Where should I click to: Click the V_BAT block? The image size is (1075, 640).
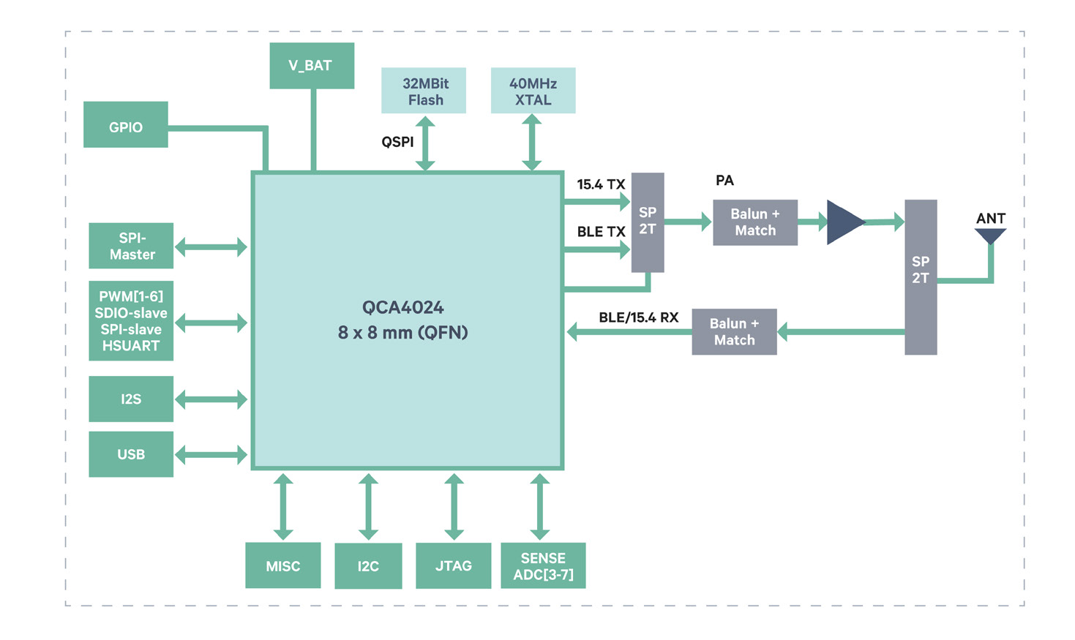[x=312, y=66]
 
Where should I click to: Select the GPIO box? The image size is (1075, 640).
[x=126, y=125]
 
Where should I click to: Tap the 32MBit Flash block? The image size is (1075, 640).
[x=424, y=91]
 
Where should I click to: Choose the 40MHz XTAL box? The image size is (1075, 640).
[x=533, y=91]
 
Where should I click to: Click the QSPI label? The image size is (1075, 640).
[x=397, y=142]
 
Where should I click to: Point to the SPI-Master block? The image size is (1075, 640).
[x=131, y=246]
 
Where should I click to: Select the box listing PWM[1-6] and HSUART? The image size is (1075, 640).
[x=131, y=321]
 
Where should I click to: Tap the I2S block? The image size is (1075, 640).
[x=131, y=399]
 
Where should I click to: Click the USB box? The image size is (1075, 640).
[x=131, y=454]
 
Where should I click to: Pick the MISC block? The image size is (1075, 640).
[x=282, y=565]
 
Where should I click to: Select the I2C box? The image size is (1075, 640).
[x=368, y=565]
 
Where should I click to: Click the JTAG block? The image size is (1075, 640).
[x=453, y=565]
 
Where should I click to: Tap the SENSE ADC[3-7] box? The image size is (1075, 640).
[x=543, y=565]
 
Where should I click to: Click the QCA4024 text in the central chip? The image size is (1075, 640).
[x=402, y=307]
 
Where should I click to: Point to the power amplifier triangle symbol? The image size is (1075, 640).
[x=844, y=222]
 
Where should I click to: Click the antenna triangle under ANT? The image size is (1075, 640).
[x=990, y=236]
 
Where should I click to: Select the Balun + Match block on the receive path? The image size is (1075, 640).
[x=734, y=332]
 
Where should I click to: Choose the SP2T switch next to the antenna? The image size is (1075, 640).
[x=921, y=277]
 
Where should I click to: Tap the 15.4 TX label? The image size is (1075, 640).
[x=601, y=184]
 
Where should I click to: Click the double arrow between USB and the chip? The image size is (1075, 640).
[x=211, y=455]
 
